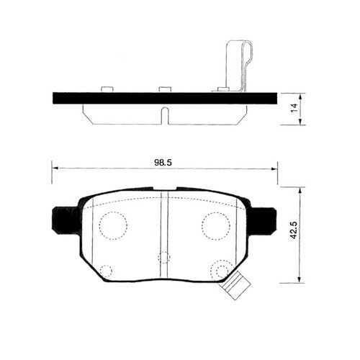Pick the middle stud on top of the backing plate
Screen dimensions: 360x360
pos(165,89)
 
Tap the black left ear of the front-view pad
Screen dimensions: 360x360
pos(63,219)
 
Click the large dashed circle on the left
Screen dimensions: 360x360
pos(111,227)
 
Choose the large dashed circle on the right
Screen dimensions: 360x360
pos(215,226)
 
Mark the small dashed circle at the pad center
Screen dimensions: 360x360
pos(164,256)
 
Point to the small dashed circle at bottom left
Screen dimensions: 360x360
pos(106,271)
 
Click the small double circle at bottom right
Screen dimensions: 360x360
pos(218,271)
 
